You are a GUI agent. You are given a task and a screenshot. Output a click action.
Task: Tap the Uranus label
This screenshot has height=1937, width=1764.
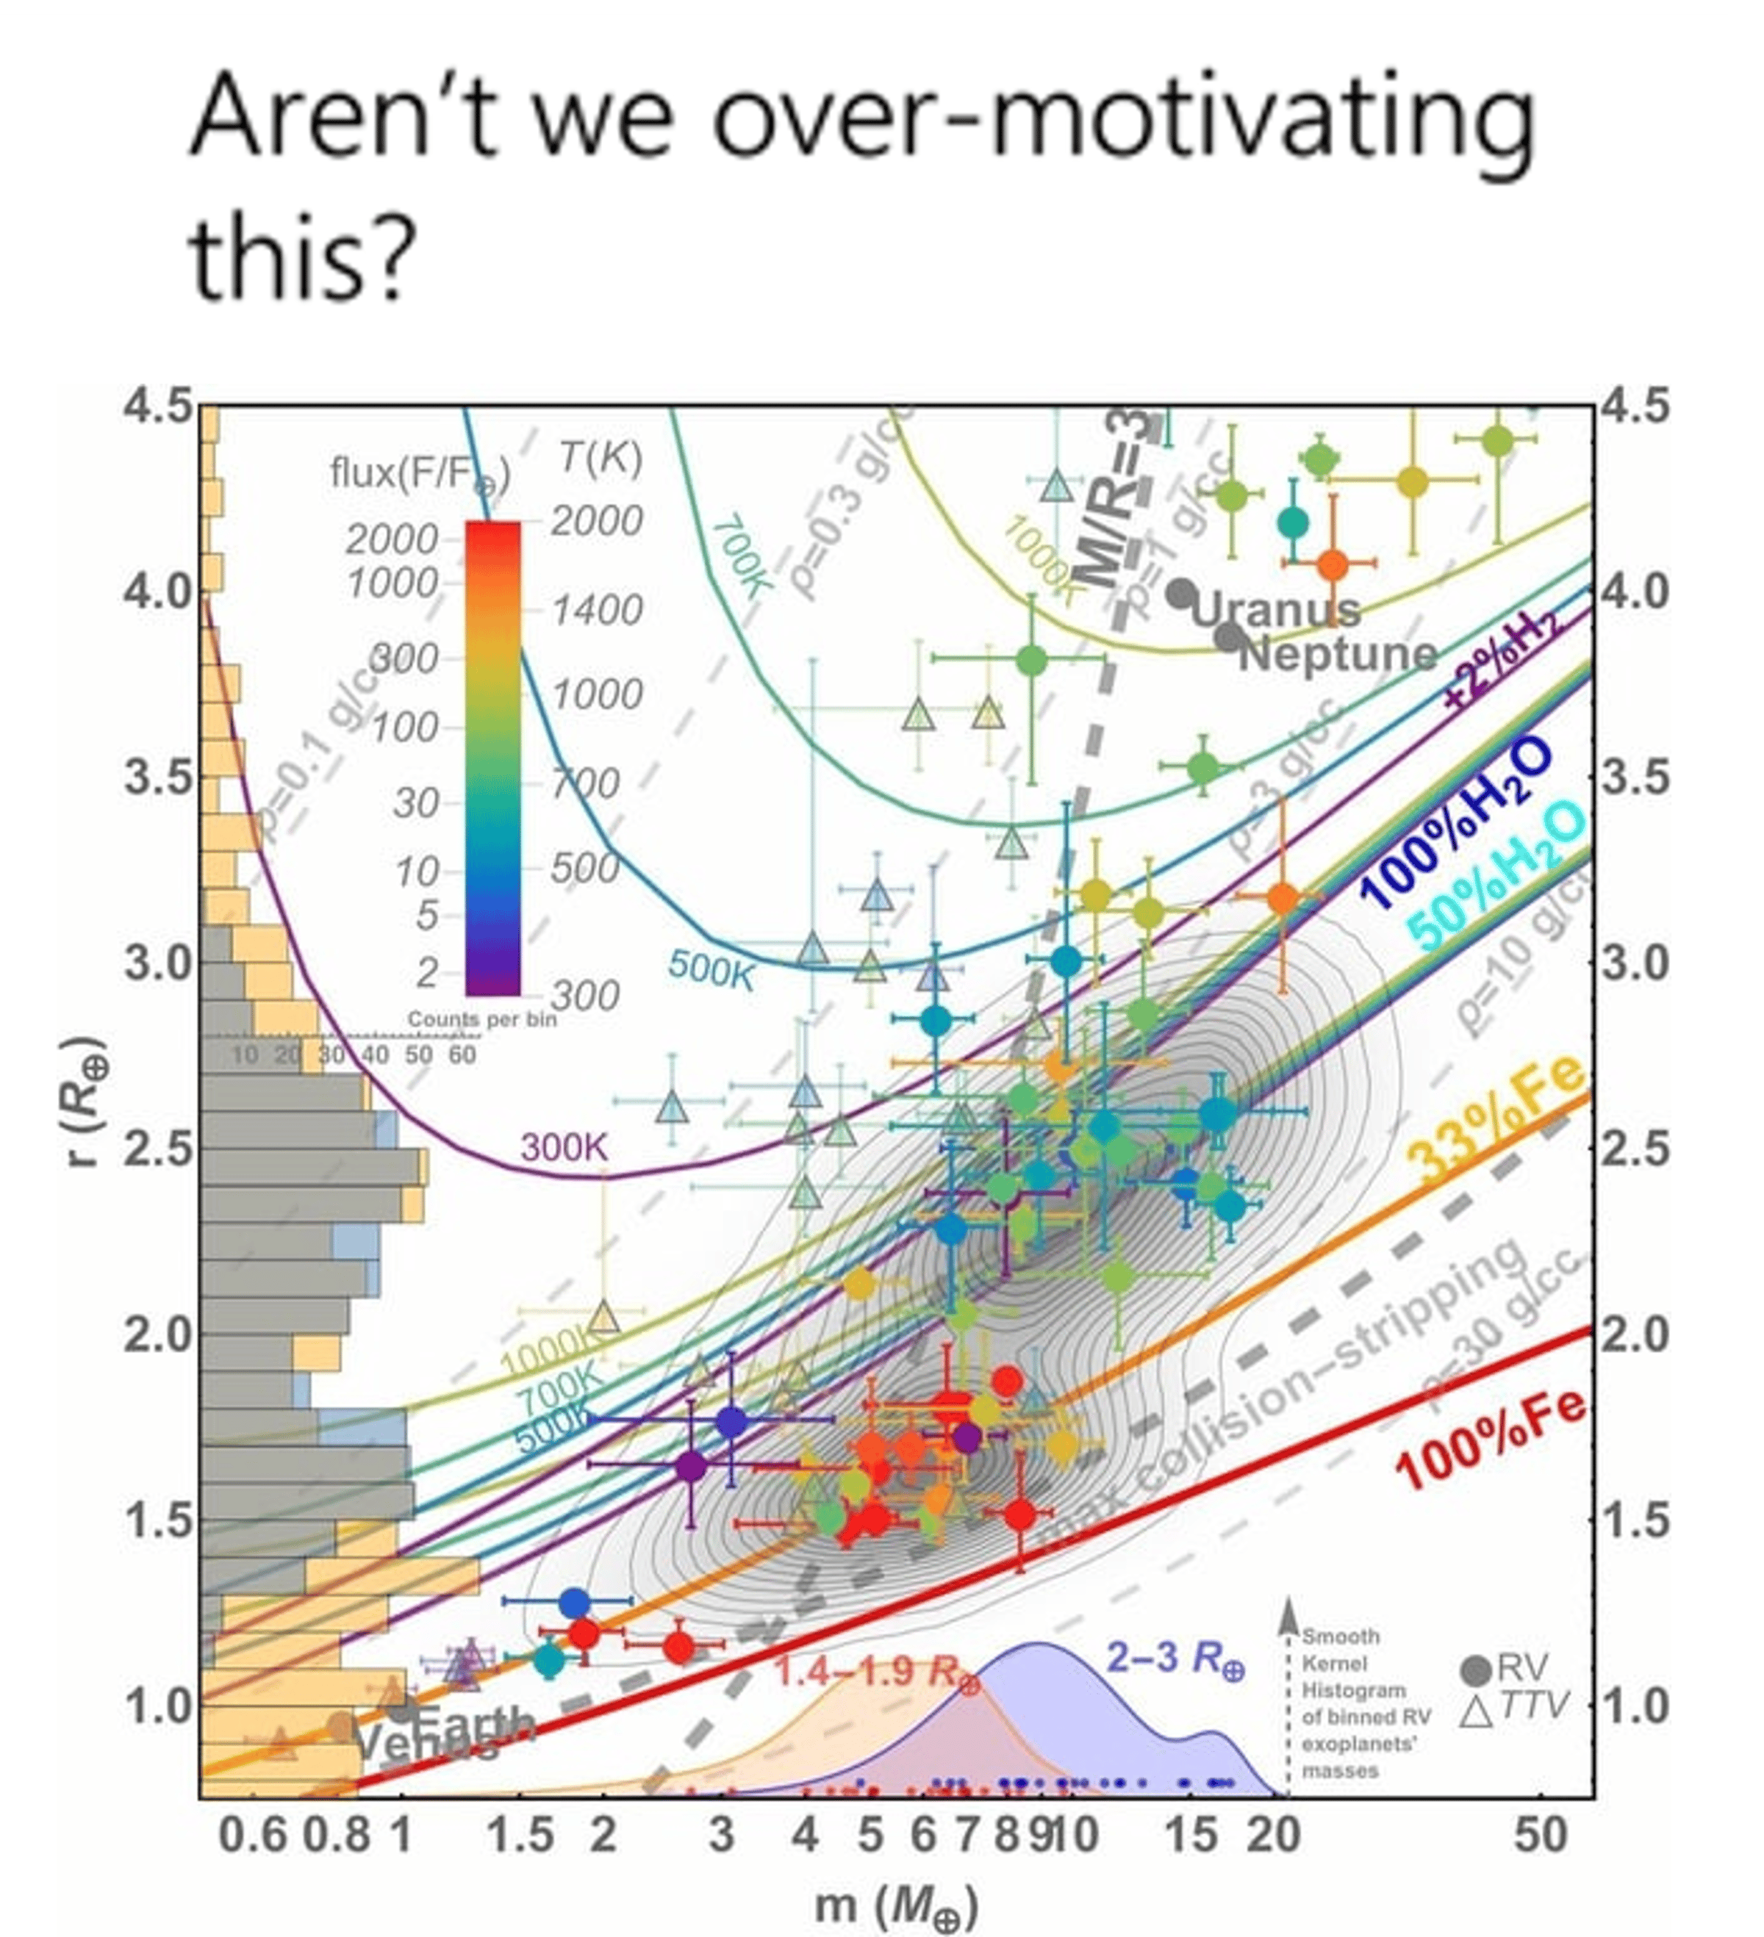pos(1275,610)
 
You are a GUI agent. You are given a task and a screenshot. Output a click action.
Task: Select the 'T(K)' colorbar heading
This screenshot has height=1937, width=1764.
pos(600,459)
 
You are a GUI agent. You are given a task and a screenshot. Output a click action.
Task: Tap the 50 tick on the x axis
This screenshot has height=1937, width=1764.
pos(1540,1836)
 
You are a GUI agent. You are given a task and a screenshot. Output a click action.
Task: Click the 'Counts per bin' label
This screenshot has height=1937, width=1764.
pos(481,1018)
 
